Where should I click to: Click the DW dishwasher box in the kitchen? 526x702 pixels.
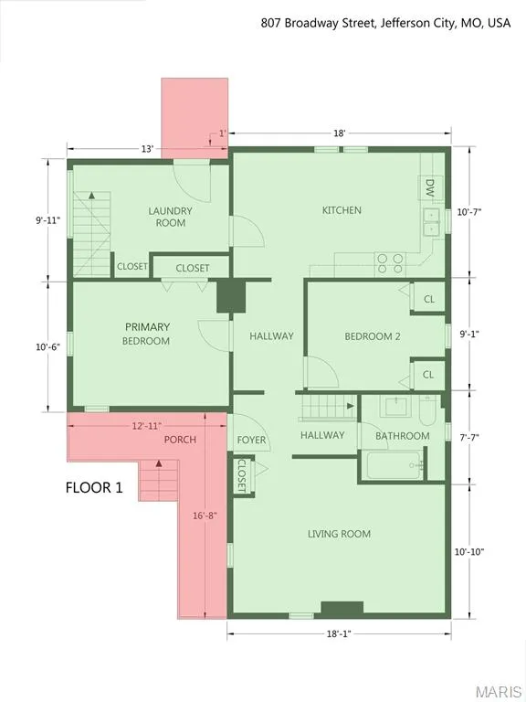point(429,188)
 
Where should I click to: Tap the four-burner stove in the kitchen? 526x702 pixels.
point(390,263)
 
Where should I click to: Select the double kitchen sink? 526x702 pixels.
point(432,222)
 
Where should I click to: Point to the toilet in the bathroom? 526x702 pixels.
point(427,409)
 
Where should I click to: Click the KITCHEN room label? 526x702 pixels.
point(342,210)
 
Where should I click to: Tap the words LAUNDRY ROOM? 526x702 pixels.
point(170,217)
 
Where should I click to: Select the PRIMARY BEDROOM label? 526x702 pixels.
point(147,334)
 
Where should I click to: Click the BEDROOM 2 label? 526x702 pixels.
point(373,336)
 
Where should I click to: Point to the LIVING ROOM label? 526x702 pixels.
point(339,534)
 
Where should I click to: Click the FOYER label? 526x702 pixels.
point(251,440)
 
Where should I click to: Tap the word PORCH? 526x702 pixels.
point(180,440)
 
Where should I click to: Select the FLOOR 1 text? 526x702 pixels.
point(94,487)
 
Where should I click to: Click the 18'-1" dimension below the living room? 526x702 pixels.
point(339,633)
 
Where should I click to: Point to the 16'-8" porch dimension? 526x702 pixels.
point(205,516)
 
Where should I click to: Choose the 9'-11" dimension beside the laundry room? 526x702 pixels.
point(47,219)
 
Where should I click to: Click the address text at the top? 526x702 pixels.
point(385,23)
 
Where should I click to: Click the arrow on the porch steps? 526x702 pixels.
point(158,464)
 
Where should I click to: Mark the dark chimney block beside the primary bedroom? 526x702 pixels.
point(231,297)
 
